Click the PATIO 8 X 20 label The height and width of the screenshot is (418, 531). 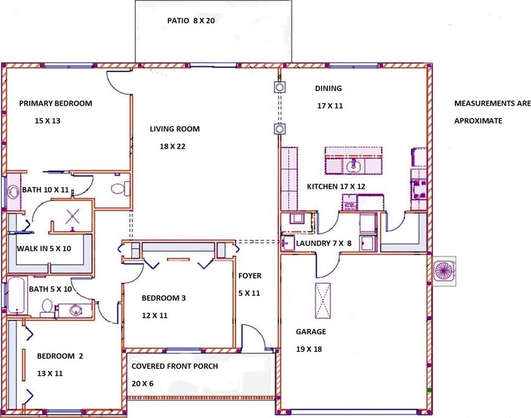point(191,21)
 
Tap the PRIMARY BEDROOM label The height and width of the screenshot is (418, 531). point(56,103)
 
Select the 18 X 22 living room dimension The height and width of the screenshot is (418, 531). point(173,147)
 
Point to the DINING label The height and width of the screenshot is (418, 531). point(328,88)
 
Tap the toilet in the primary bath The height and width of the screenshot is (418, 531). point(120,189)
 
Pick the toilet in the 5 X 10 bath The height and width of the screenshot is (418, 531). point(47,308)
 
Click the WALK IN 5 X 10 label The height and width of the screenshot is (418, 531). point(44,249)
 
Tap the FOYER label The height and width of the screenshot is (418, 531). point(250,275)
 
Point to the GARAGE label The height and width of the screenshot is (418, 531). point(311,331)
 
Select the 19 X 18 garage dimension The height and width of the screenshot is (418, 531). point(309,349)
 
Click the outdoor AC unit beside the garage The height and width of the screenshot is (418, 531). point(444,271)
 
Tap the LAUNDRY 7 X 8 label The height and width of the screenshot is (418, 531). point(324,243)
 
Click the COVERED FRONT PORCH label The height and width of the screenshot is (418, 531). point(175,366)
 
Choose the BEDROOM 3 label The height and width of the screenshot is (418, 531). point(163,298)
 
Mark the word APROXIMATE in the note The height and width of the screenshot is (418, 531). point(478,121)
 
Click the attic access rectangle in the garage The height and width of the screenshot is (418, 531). point(323,300)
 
